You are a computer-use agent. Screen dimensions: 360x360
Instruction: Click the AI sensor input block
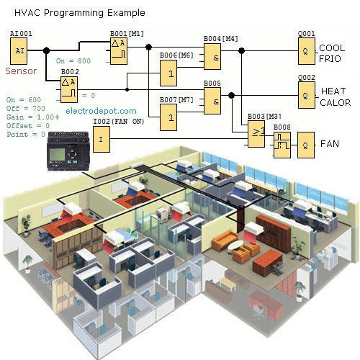tap(20, 51)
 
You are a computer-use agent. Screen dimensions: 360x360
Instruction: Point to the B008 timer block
tap(282, 145)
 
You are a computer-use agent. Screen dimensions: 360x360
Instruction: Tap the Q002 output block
tap(307, 95)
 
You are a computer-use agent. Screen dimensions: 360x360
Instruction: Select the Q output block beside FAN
tap(307, 144)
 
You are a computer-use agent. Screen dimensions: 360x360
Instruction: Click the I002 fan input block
tap(102, 139)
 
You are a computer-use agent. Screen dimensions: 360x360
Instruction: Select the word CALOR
tap(335, 102)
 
